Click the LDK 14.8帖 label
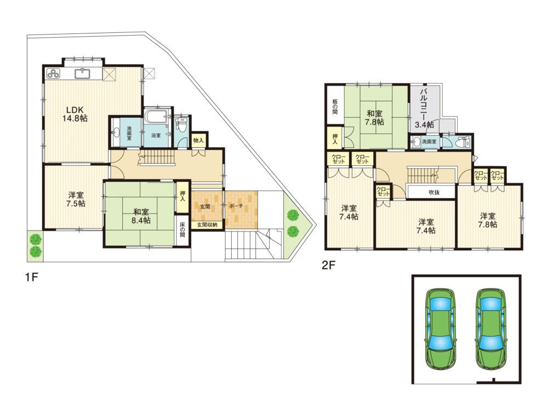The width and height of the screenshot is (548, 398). (75, 114)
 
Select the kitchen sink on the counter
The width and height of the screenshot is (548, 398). (83, 74)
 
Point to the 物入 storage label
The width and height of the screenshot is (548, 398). (198, 140)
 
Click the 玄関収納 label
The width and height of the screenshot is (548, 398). (207, 225)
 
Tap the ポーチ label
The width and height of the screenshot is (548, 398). (236, 206)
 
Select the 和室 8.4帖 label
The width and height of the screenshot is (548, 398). (141, 216)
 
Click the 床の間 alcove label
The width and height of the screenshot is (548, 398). (182, 230)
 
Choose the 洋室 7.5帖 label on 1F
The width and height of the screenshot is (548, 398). (76, 199)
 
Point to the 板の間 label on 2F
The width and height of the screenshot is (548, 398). (335, 107)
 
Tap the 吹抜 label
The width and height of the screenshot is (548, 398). (434, 192)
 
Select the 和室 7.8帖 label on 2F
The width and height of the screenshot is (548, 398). (374, 118)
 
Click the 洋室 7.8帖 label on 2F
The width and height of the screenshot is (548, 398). (488, 220)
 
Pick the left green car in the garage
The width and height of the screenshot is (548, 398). (441, 329)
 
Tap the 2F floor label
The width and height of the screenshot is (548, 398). (328, 266)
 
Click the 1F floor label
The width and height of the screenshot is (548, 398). (31, 277)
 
